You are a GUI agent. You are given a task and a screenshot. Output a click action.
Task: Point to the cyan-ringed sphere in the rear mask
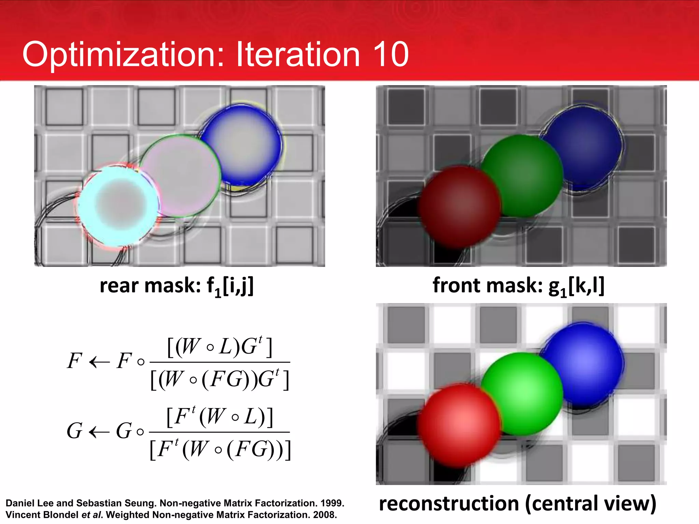pos(118,205)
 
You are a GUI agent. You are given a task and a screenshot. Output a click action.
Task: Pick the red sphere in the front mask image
pos(459,206)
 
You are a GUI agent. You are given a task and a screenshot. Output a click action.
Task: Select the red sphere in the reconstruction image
pos(459,425)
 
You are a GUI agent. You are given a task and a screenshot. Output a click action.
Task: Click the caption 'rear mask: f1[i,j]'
pos(176,286)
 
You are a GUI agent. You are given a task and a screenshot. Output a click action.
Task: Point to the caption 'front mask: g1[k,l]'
pos(518,286)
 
